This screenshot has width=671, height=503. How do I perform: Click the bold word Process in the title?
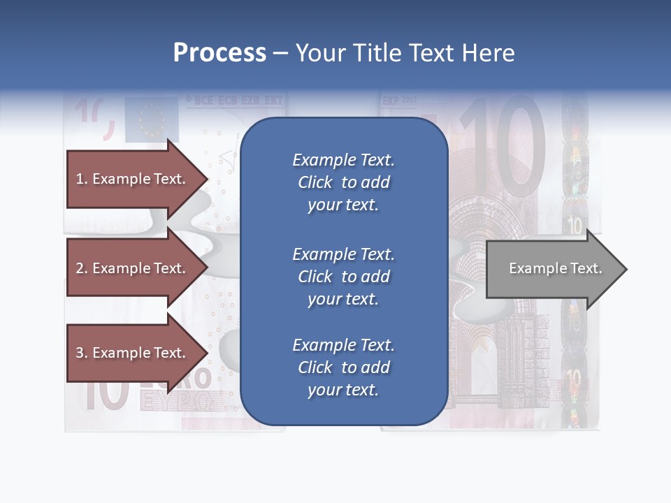[219, 53]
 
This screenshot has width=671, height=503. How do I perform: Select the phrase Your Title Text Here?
[405, 53]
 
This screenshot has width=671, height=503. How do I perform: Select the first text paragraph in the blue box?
[343, 182]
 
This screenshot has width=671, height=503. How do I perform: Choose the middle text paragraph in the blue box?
[343, 277]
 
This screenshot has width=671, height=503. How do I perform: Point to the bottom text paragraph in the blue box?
[343, 367]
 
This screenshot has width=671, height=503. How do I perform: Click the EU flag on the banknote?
[152, 119]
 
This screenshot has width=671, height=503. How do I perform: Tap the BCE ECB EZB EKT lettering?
[234, 101]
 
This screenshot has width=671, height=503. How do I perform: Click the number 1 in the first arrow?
[79, 179]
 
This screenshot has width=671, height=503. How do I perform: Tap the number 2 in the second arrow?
[80, 268]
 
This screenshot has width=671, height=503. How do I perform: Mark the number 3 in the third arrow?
[80, 353]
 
